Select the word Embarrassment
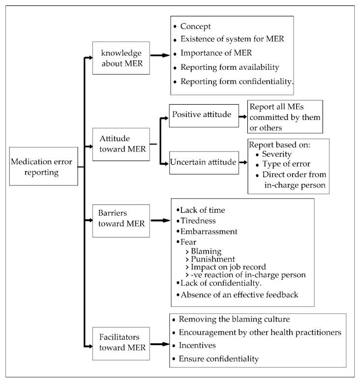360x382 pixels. pyautogui.click(x=209, y=231)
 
